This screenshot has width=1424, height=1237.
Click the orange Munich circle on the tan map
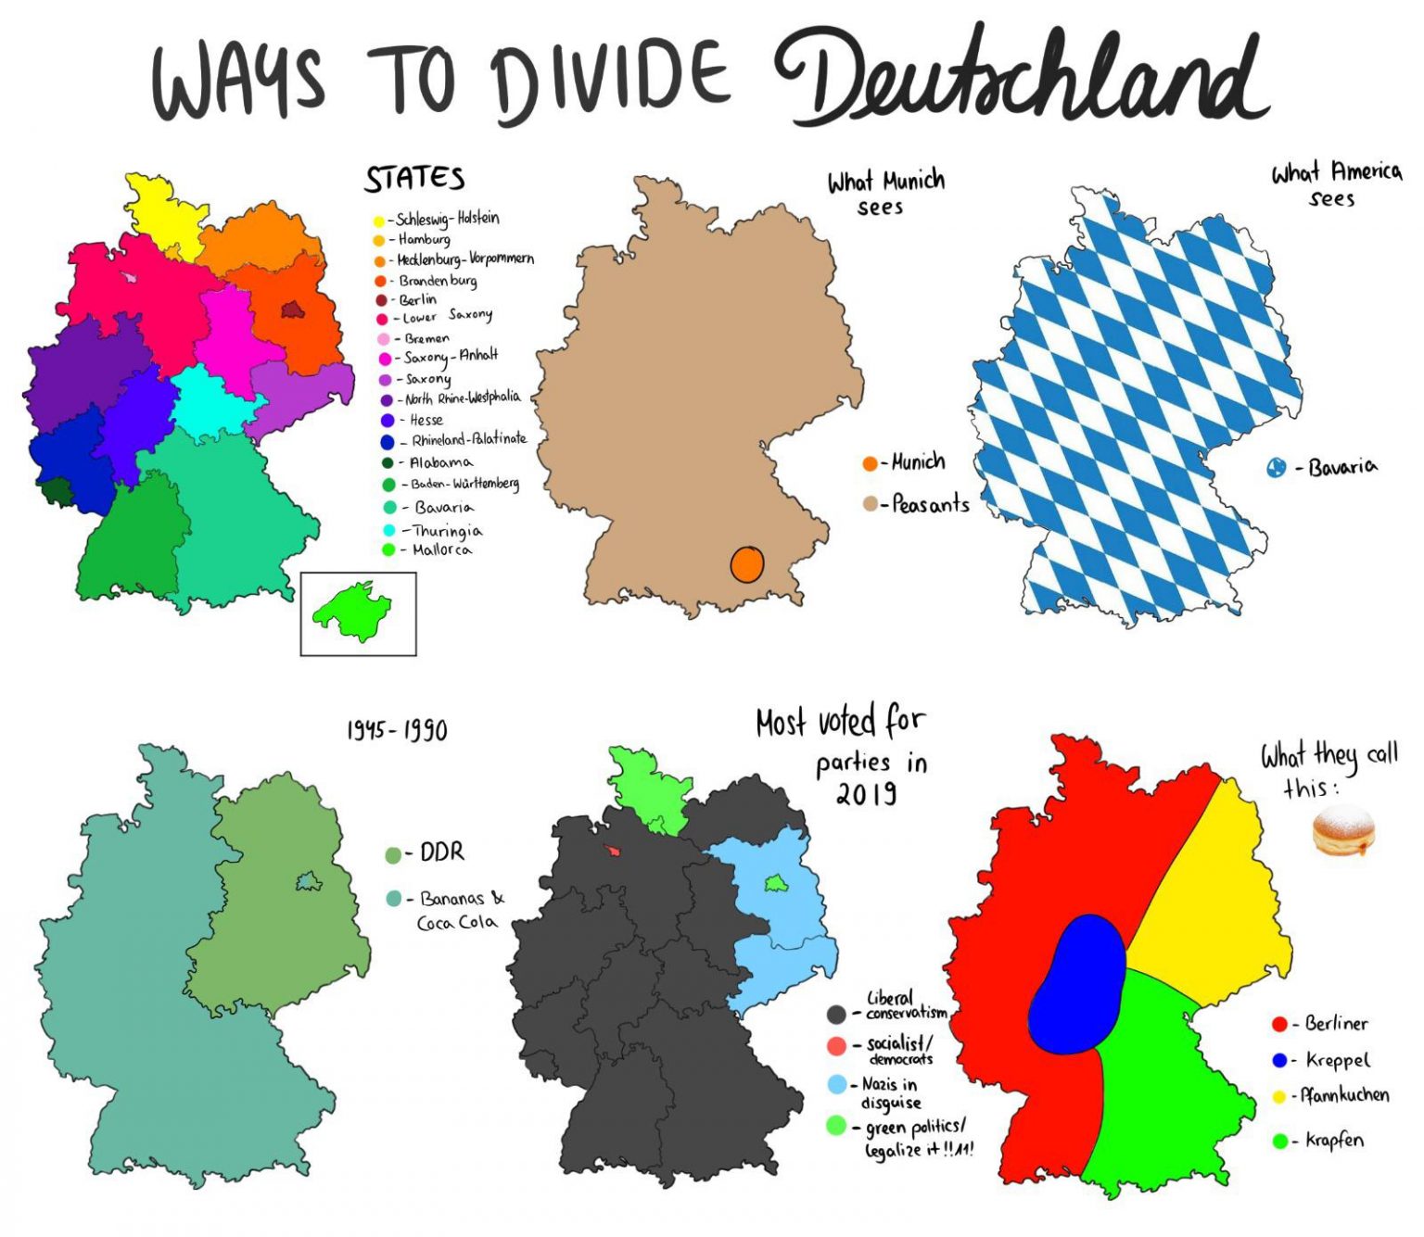point(746,563)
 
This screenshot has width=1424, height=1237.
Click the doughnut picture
point(1343,830)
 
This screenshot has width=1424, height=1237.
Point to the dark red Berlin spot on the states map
point(293,310)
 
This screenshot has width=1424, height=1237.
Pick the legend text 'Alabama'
point(440,461)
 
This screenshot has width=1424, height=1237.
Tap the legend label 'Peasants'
point(930,505)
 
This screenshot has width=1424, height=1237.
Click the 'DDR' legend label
point(442,852)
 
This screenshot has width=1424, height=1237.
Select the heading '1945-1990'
point(397,730)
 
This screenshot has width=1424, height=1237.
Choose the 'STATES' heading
point(414,179)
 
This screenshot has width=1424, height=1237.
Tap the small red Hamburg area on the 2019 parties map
point(614,850)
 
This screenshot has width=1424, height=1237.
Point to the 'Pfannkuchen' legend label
point(1344,1095)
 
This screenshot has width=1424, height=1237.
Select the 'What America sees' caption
point(1335,184)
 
